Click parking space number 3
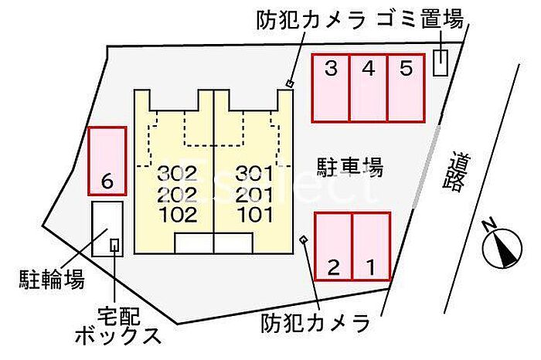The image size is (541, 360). coord(331,88)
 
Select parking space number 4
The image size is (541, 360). coord(368,88)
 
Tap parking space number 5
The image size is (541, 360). coord(406,88)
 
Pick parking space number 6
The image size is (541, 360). coord(107,161)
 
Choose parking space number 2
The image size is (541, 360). coord(334,246)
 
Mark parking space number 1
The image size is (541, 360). coord(371,246)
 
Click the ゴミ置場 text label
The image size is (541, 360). coord(421,21)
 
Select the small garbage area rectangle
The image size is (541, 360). coord(441,63)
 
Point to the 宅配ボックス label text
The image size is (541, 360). coord(118,325)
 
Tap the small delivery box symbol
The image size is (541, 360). coord(115,246)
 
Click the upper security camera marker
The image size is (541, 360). coord(290,83)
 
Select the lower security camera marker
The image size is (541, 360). coord(304,239)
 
